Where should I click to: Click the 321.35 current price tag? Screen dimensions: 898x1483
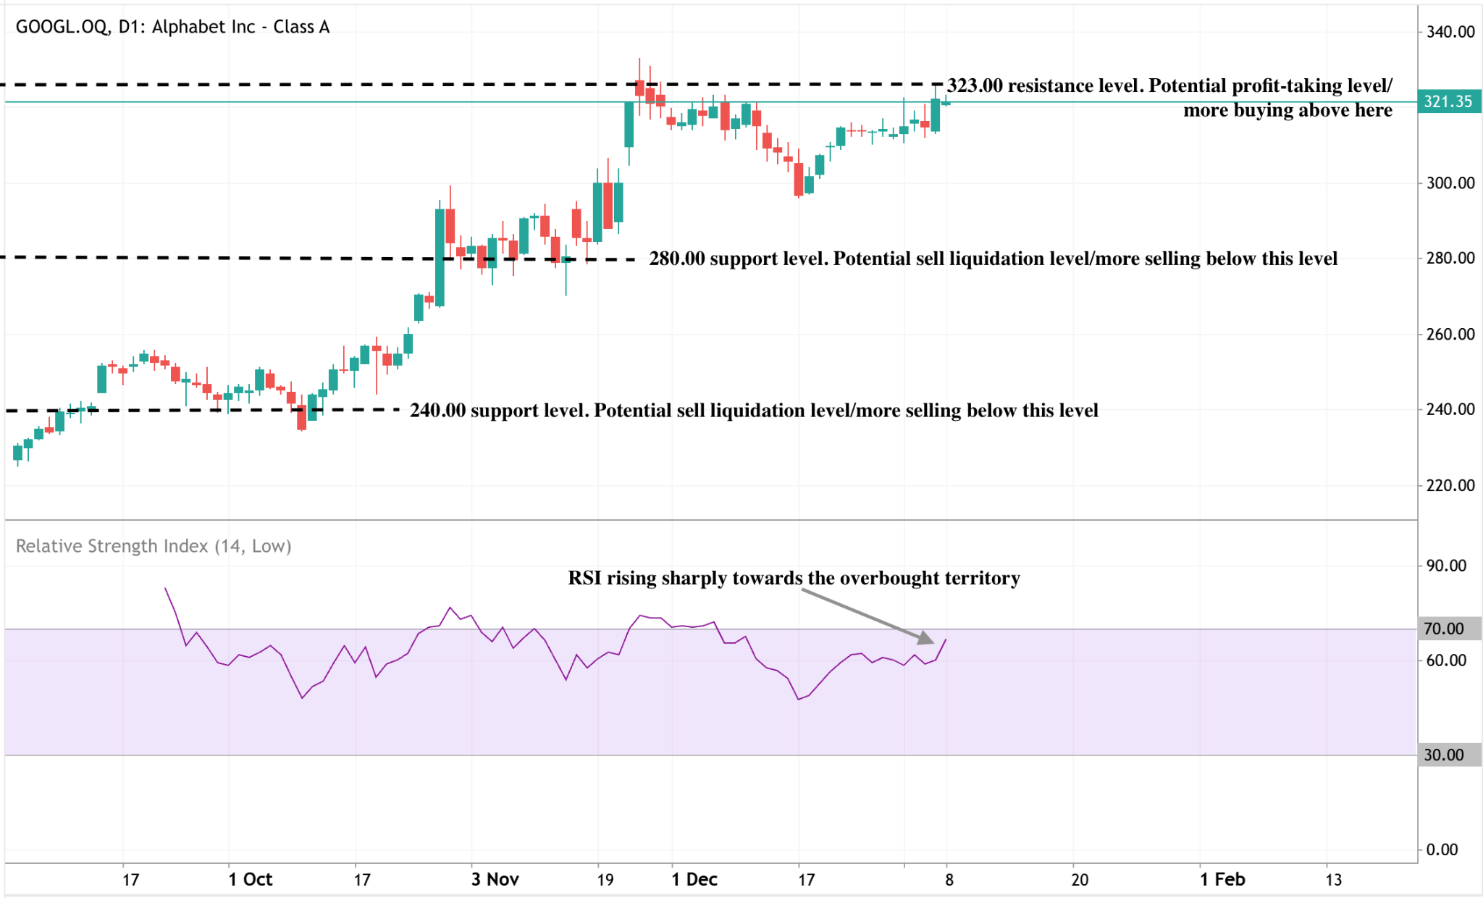click(x=1448, y=101)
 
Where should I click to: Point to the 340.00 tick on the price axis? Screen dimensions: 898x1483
click(x=1450, y=32)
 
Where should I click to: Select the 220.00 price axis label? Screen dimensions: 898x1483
click(x=1450, y=485)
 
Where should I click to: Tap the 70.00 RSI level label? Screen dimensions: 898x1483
click(x=1443, y=629)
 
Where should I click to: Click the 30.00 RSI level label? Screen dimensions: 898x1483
click(x=1443, y=755)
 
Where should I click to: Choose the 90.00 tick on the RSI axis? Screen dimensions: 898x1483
click(x=1446, y=566)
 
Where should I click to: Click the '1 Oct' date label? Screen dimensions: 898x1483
click(x=250, y=879)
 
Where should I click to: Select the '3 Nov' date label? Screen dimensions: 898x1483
click(x=495, y=879)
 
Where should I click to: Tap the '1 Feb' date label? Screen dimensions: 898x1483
click(x=1222, y=879)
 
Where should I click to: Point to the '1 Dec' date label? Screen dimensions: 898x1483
click(x=694, y=879)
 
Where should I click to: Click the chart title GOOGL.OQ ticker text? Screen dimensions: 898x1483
click(x=62, y=27)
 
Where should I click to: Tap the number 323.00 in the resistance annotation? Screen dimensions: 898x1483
click(x=975, y=85)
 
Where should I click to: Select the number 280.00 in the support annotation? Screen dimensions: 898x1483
click(x=676, y=259)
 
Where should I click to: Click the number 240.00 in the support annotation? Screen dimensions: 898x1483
click(x=437, y=411)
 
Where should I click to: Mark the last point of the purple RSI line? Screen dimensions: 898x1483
click(x=946, y=639)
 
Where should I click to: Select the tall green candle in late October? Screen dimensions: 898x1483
click(x=440, y=257)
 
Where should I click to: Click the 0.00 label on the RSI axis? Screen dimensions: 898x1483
click(x=1442, y=849)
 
